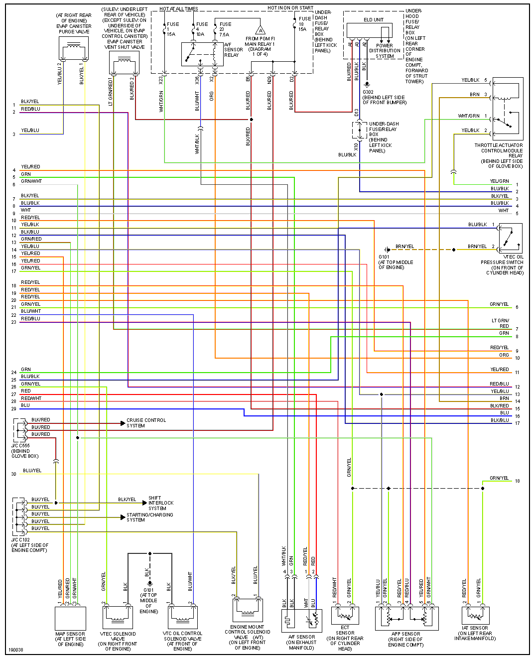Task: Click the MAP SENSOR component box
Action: coord(70,618)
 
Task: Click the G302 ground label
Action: coord(368,92)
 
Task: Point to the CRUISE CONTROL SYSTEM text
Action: coord(146,423)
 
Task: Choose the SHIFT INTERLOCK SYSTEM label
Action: coord(161,503)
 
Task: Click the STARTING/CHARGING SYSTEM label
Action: coord(149,517)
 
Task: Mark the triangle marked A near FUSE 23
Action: coord(260,30)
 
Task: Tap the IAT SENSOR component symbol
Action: coord(475,616)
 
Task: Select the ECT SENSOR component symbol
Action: coord(345,616)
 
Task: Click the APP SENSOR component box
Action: coord(406,618)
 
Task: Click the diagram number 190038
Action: coord(15,650)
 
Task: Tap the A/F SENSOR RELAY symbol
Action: coord(202,54)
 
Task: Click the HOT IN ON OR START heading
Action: coord(290,8)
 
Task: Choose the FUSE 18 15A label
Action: coord(302,24)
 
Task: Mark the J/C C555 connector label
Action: coord(20,446)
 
